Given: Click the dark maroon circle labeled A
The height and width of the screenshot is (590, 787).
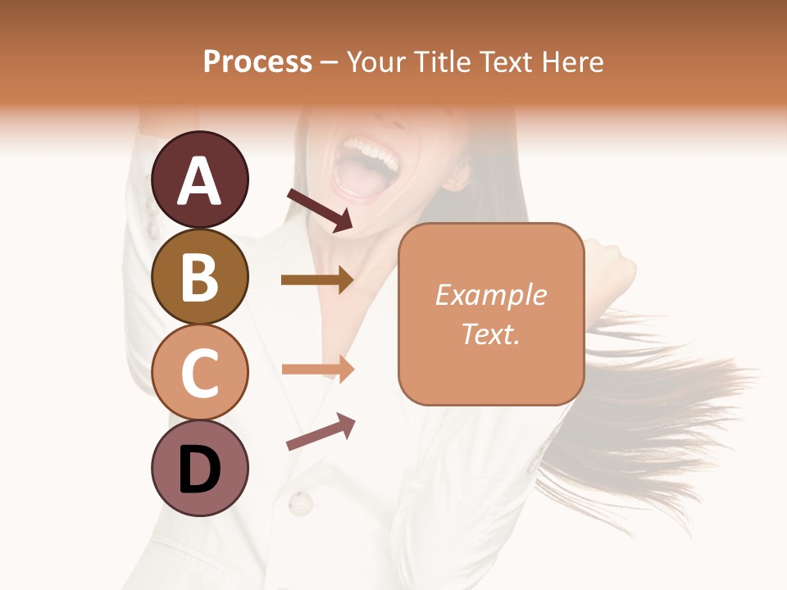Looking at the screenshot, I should pos(199,179).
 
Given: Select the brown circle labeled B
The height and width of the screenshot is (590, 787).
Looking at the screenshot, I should pos(199,276).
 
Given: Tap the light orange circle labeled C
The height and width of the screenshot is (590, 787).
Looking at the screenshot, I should pos(199,372).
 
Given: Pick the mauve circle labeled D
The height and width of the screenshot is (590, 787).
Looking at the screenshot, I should pos(199,468).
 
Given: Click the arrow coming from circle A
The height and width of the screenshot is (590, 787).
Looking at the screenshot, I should pos(319,210).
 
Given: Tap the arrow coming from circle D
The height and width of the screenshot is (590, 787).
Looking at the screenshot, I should pos(320,432).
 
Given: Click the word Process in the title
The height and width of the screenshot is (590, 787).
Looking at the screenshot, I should pos(257,61).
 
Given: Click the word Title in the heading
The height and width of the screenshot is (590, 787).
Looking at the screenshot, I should pos(443,61).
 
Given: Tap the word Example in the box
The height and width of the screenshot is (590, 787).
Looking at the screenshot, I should pos(490,295).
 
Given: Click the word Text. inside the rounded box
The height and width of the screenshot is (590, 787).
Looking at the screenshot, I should pos(490,334).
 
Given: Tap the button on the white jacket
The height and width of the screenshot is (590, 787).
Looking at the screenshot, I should pos(300,501).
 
